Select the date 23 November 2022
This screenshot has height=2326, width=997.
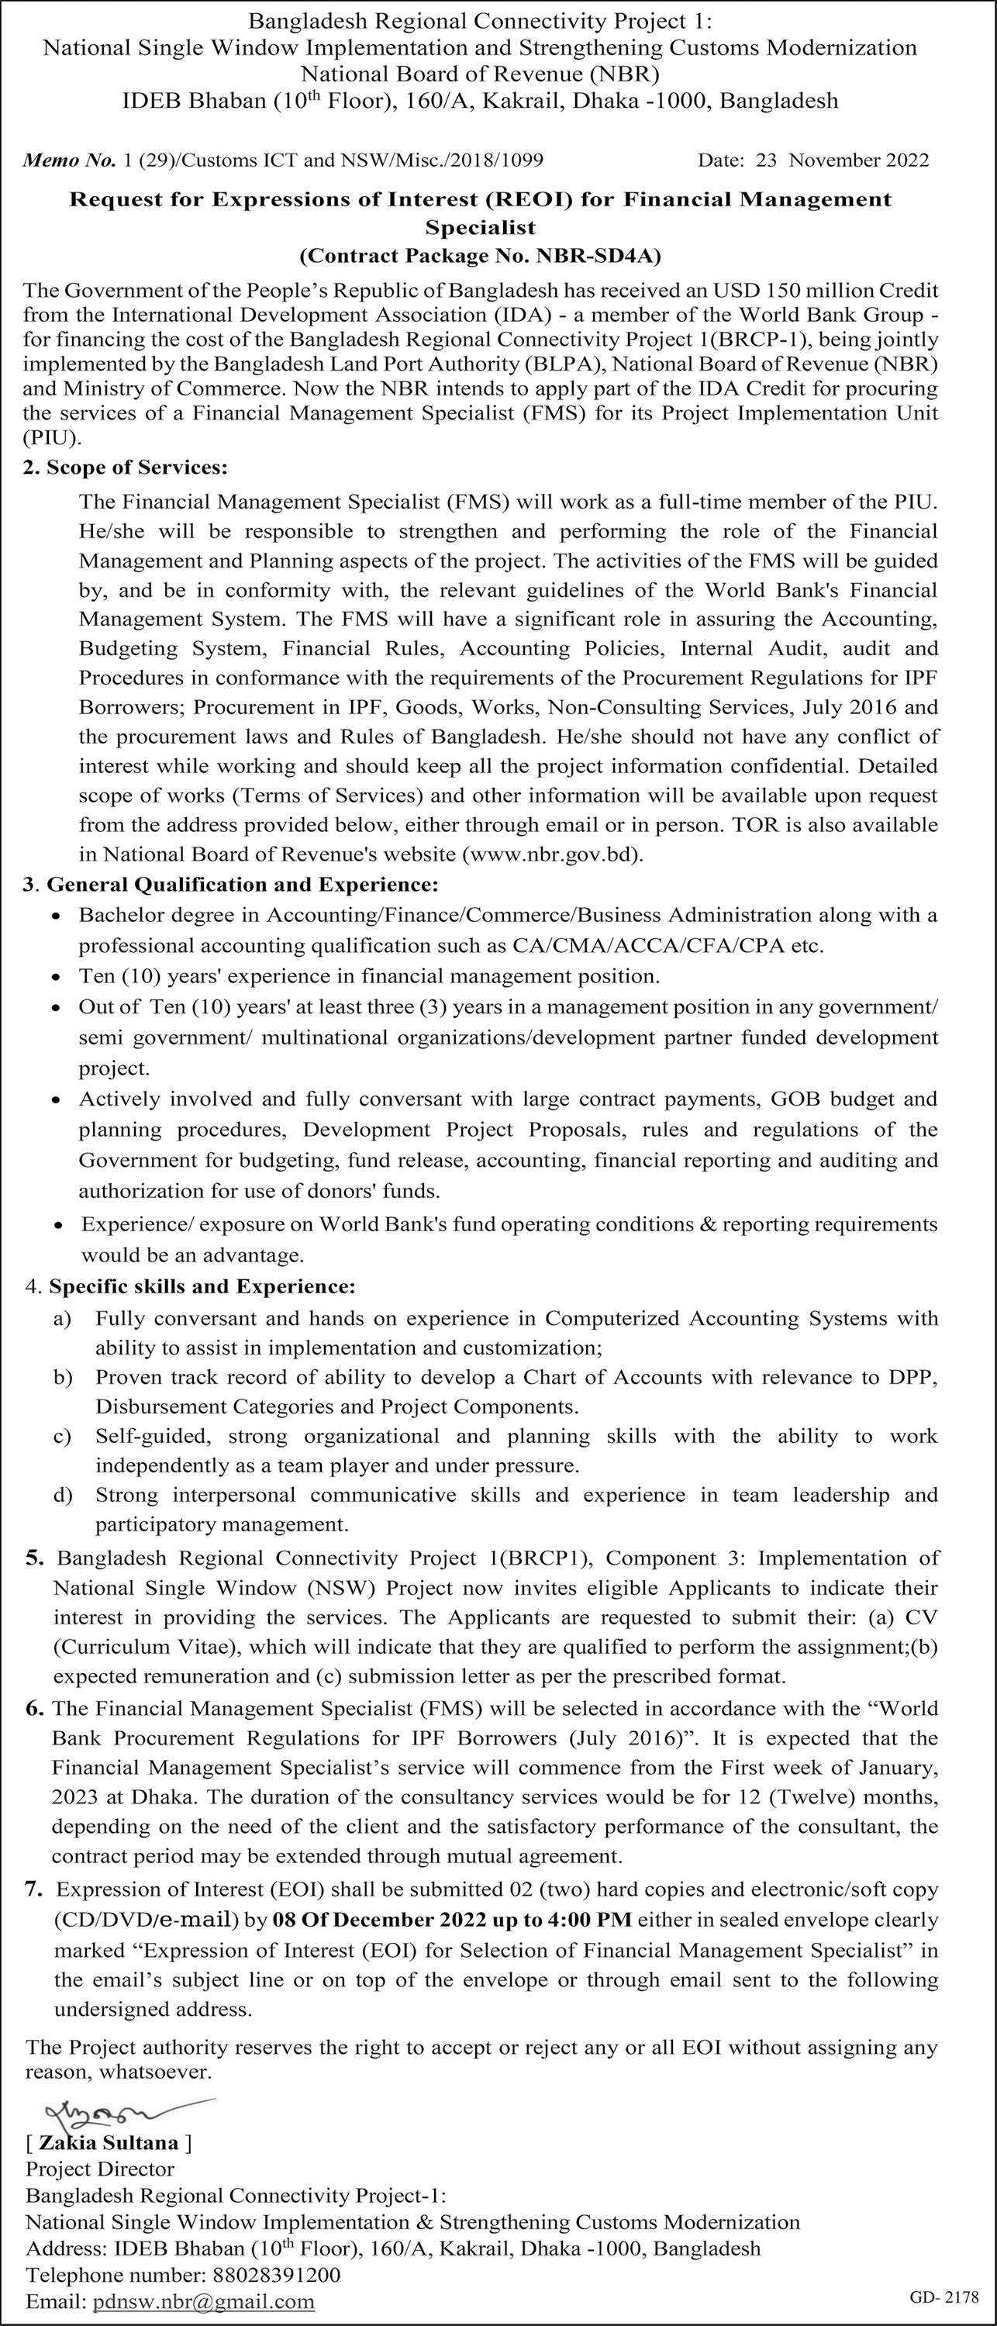pyautogui.click(x=858, y=160)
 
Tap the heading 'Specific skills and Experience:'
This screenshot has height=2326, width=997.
pyautogui.click(x=202, y=1286)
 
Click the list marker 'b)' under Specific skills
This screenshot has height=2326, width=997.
pyautogui.click(x=62, y=1377)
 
